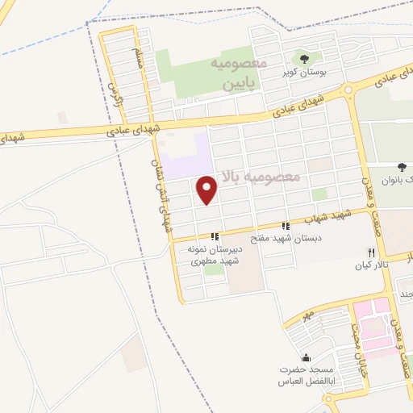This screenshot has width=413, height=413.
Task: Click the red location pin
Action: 208,190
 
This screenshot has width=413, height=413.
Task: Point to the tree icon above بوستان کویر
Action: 305,58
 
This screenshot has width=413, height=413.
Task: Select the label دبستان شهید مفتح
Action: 285,239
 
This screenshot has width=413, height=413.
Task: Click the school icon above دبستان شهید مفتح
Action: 285,226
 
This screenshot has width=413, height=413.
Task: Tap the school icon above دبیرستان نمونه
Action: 215,236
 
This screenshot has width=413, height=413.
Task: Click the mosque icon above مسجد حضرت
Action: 305,357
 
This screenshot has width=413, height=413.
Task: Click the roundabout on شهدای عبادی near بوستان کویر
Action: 348,91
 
